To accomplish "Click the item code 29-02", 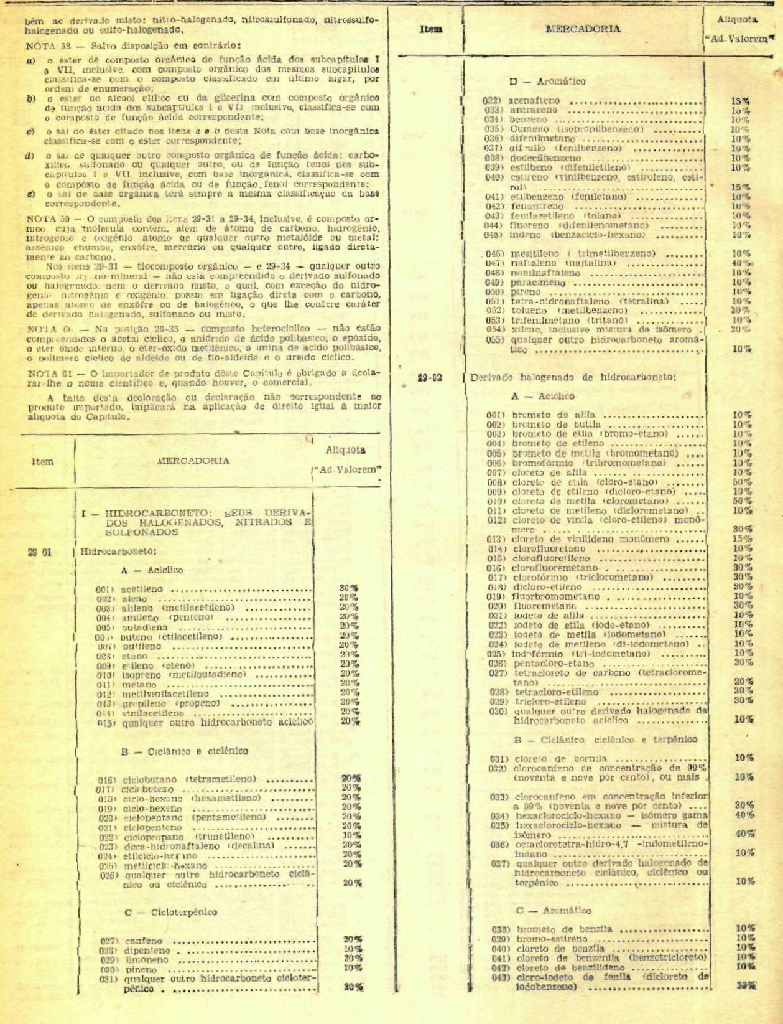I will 430,377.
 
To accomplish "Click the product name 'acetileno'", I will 142,589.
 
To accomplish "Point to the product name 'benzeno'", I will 529,120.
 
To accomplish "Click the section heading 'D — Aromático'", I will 547,82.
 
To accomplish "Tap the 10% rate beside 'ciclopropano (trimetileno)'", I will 351,835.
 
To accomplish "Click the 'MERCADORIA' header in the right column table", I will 583,29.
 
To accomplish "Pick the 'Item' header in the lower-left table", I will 42,461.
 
